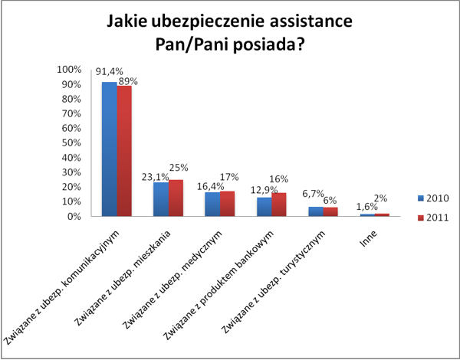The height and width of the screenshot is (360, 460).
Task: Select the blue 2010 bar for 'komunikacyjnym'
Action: (x=110, y=149)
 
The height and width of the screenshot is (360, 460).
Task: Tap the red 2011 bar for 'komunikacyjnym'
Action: (x=124, y=151)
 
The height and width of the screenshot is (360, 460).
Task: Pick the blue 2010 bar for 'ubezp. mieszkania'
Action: (x=160, y=199)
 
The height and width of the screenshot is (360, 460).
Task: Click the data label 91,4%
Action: (x=109, y=73)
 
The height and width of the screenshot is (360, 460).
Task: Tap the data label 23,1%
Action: (x=156, y=175)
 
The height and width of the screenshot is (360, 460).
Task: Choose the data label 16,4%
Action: (x=207, y=185)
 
